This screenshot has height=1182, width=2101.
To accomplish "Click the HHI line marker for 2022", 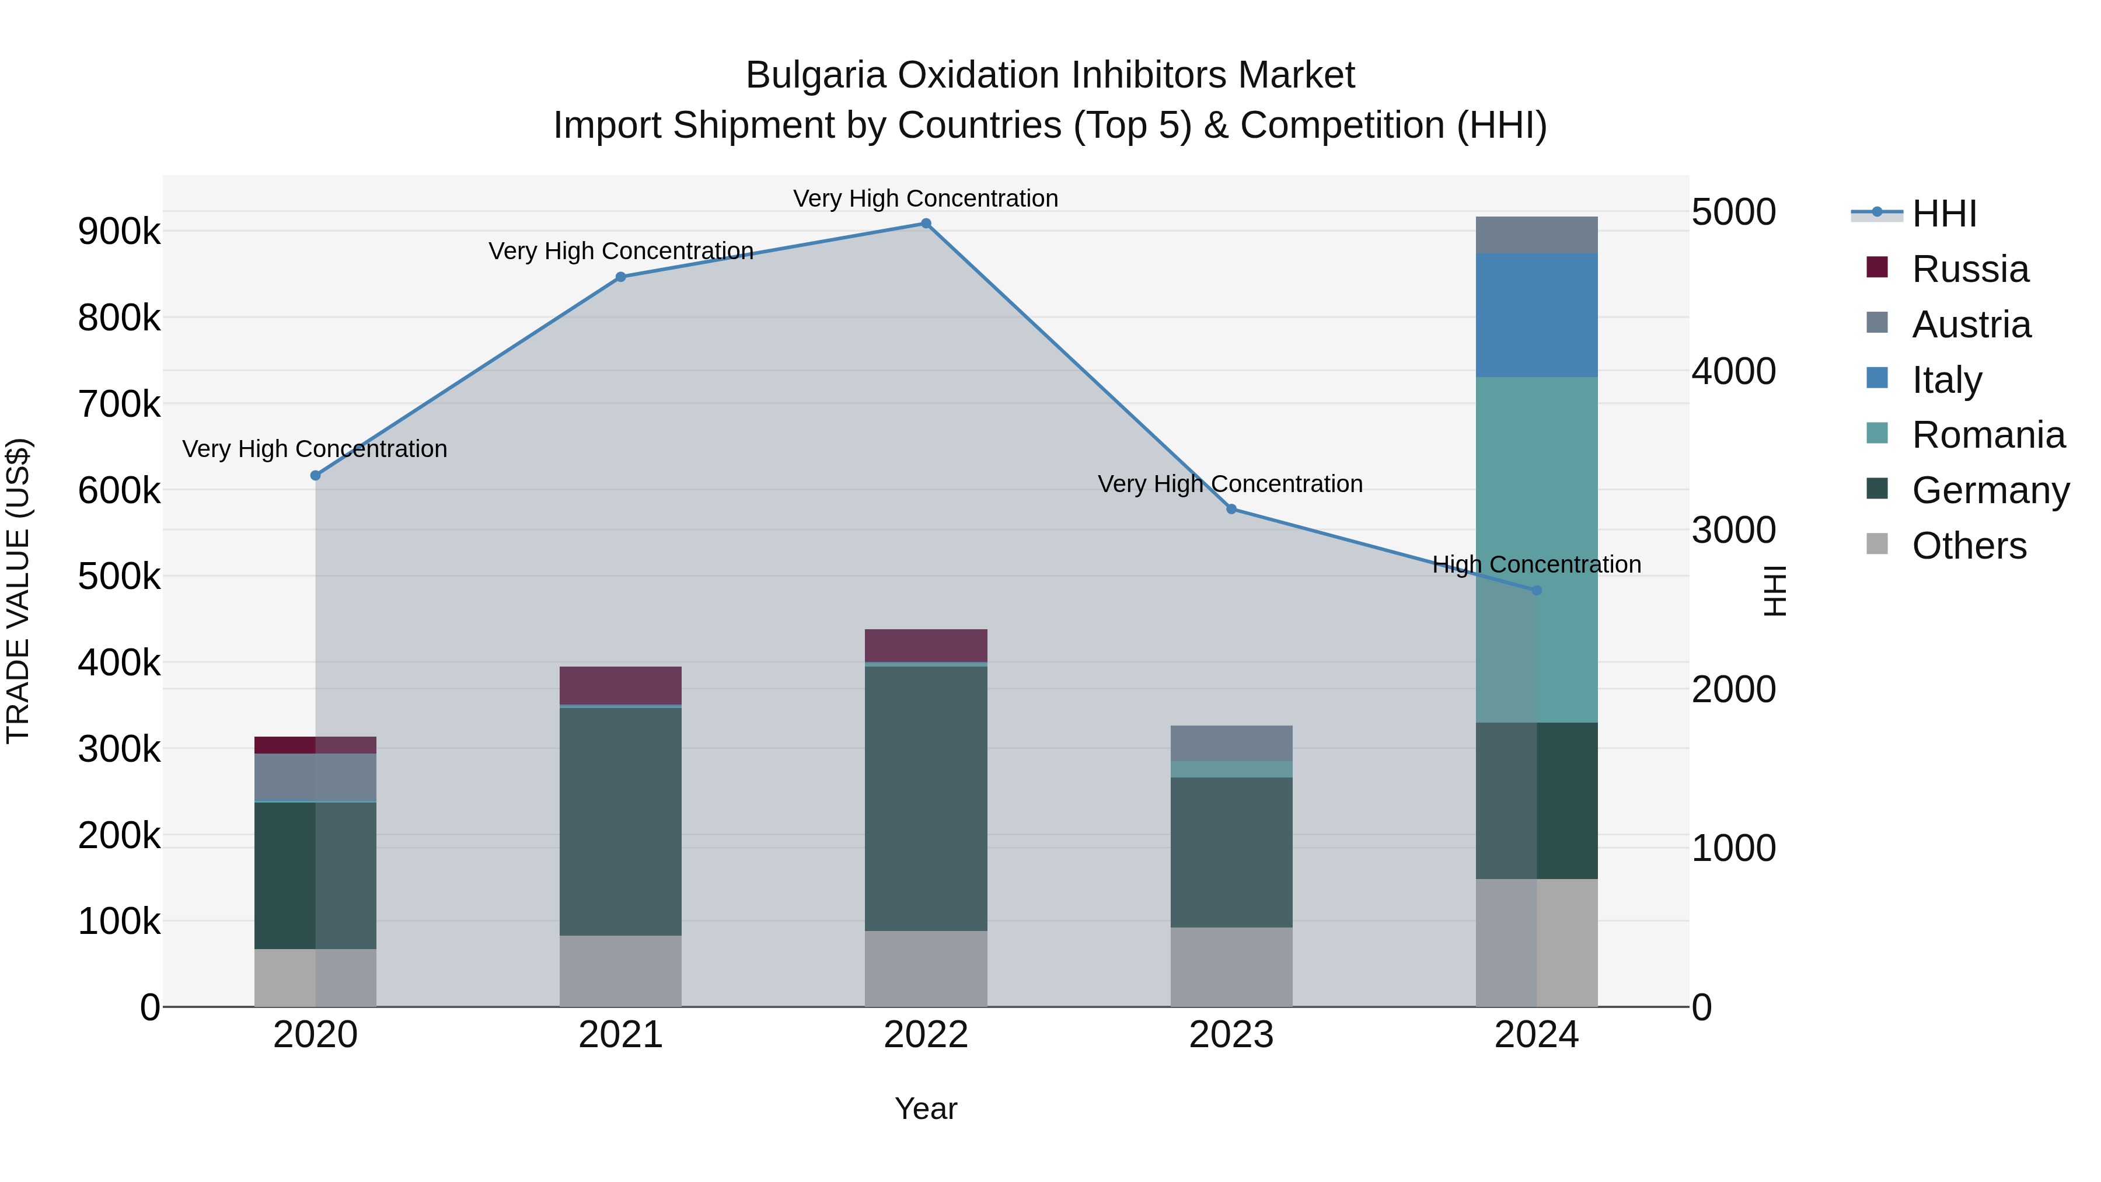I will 926,224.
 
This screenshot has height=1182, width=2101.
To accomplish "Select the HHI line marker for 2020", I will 316,476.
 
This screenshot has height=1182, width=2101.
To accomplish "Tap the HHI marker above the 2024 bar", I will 1537,591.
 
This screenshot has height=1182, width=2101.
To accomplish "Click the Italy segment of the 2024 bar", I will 1537,316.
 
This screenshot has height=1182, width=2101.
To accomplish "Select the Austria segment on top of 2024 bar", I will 1537,235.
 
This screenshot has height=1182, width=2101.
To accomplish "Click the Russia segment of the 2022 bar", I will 926,645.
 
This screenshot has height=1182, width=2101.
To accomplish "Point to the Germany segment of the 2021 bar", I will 621,820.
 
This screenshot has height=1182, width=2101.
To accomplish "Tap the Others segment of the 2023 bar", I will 1231,967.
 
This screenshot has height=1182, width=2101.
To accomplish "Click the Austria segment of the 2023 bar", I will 1231,743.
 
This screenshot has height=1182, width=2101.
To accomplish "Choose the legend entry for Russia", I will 1970,269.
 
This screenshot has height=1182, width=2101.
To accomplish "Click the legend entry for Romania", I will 1988,435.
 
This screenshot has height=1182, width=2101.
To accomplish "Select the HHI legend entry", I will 1943,214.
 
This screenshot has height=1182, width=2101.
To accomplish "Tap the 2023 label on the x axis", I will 1231,1035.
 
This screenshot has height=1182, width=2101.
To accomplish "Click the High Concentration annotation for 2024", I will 1537,564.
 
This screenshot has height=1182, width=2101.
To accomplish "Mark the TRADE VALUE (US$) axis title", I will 19,591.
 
